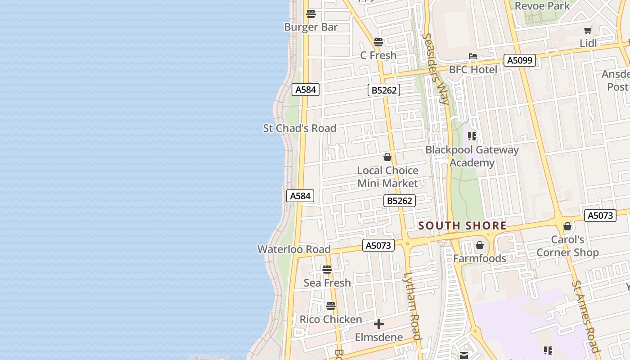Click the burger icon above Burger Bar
pyautogui.click(x=310, y=13)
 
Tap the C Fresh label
pyautogui.click(x=378, y=55)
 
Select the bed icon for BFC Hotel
pyautogui.click(x=472, y=57)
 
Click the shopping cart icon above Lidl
pyautogui.click(x=588, y=31)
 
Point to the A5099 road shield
pyautogui.click(x=520, y=60)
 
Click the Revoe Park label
pyautogui.click(x=542, y=6)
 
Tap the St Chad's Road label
pyautogui.click(x=300, y=128)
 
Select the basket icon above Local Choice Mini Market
pyautogui.click(x=387, y=157)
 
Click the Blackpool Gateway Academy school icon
pyautogui.click(x=472, y=136)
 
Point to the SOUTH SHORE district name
pyautogui.click(x=462, y=225)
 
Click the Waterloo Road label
pyautogui.click(x=294, y=249)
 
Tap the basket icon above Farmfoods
pyautogui.click(x=480, y=245)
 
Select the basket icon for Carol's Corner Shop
pyautogui.click(x=567, y=226)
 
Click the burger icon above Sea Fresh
pyautogui.click(x=327, y=270)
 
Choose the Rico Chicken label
pyautogui.click(x=331, y=319)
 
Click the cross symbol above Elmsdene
pyautogui.click(x=379, y=324)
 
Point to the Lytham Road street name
pyautogui.click(x=412, y=306)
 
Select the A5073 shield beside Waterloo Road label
pyautogui.click(x=378, y=245)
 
